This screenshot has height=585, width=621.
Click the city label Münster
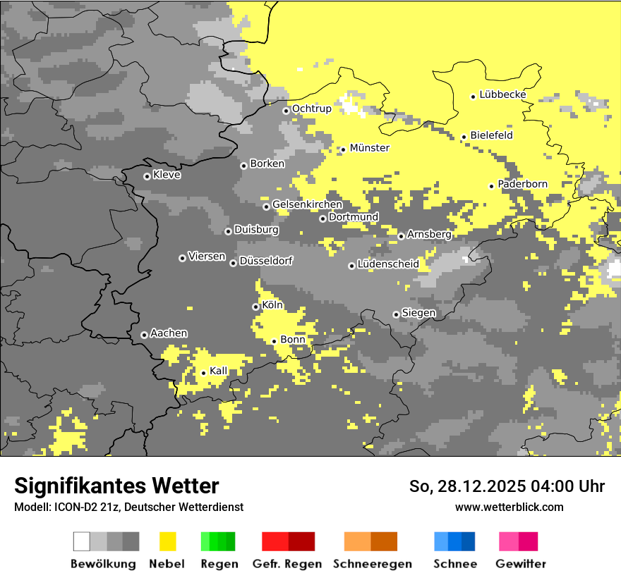pos(369,148)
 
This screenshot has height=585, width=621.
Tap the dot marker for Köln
pos(255,307)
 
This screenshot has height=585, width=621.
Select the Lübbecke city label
pos(502,94)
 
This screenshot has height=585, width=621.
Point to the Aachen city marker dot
pos(144,335)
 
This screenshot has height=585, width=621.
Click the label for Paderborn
pos(522,184)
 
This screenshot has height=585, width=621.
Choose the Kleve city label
pos(167,175)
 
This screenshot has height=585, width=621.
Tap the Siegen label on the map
pos(418,313)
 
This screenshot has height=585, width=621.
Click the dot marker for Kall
pos(203,373)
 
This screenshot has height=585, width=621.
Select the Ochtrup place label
pos(311,109)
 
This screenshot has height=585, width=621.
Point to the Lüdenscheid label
pos(388,264)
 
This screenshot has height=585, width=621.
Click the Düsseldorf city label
pos(266,261)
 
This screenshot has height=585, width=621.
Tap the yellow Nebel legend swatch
pos(168,541)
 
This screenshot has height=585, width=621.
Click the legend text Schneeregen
pos(372,564)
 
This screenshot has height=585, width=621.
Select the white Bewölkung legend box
pos(82,541)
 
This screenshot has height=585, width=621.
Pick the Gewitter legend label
pos(520,564)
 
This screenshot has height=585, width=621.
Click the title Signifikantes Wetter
pos(116,486)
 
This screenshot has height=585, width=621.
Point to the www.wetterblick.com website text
pos(509,507)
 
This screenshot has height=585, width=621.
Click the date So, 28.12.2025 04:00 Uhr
pos(507,486)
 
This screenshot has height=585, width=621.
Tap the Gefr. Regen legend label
pos(287,564)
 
